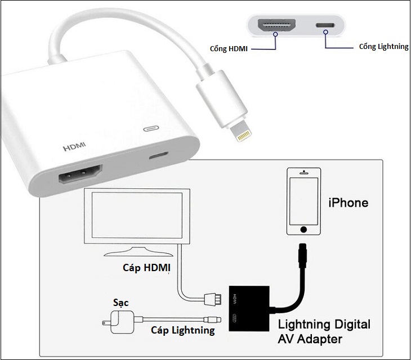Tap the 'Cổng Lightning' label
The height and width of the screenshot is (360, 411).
pos(383,47)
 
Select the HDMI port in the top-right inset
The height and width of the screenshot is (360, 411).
pos(276,26)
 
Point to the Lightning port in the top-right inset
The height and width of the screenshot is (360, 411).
pos(325,26)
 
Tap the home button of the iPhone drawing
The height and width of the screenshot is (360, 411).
pos(304,229)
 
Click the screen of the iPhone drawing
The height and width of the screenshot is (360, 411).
pos(304,200)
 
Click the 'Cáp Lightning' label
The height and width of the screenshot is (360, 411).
pos(182,330)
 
